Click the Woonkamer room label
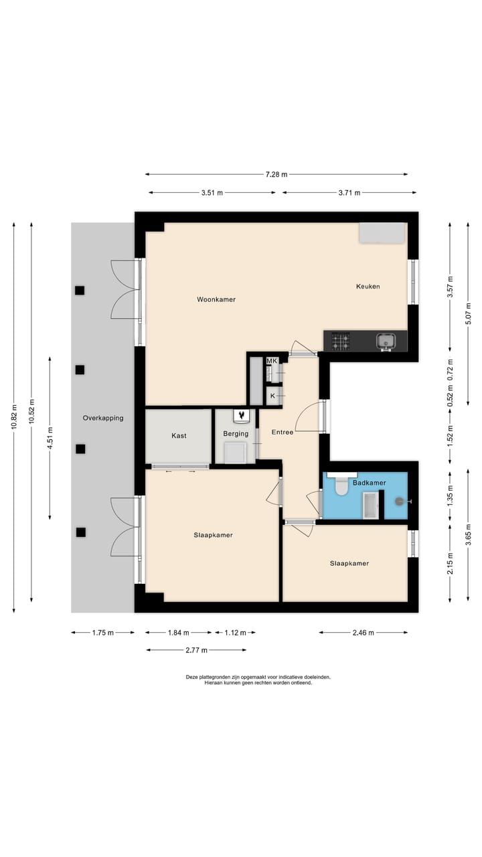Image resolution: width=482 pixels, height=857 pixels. click(216, 299)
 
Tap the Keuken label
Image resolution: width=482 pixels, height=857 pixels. click(368, 286)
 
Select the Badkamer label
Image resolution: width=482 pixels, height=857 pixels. click(369, 483)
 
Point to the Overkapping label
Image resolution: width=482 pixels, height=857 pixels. click(103, 418)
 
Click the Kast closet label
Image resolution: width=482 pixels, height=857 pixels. click(179, 435)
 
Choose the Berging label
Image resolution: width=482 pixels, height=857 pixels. click(236, 434)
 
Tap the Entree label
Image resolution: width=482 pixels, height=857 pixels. click(283, 432)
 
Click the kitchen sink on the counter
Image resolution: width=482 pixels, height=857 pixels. click(386, 340)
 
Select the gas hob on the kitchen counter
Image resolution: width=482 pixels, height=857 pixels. click(341, 341)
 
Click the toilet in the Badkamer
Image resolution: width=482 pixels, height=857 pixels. click(341, 486)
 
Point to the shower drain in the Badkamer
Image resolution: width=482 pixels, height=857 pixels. click(399, 501)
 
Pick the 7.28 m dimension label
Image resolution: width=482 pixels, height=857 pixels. click(276, 175)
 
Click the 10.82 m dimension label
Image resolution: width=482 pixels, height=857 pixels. click(14, 416)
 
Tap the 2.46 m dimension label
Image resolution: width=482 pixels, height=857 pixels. click(363, 633)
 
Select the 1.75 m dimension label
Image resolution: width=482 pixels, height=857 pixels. click(102, 633)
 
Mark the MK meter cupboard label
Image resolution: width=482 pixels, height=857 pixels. click(272, 361)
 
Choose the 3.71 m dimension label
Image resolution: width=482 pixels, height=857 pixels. click(349, 193)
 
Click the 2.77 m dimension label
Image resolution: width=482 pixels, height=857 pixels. click(196, 650)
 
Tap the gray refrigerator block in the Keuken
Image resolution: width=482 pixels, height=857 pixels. click(382, 233)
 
